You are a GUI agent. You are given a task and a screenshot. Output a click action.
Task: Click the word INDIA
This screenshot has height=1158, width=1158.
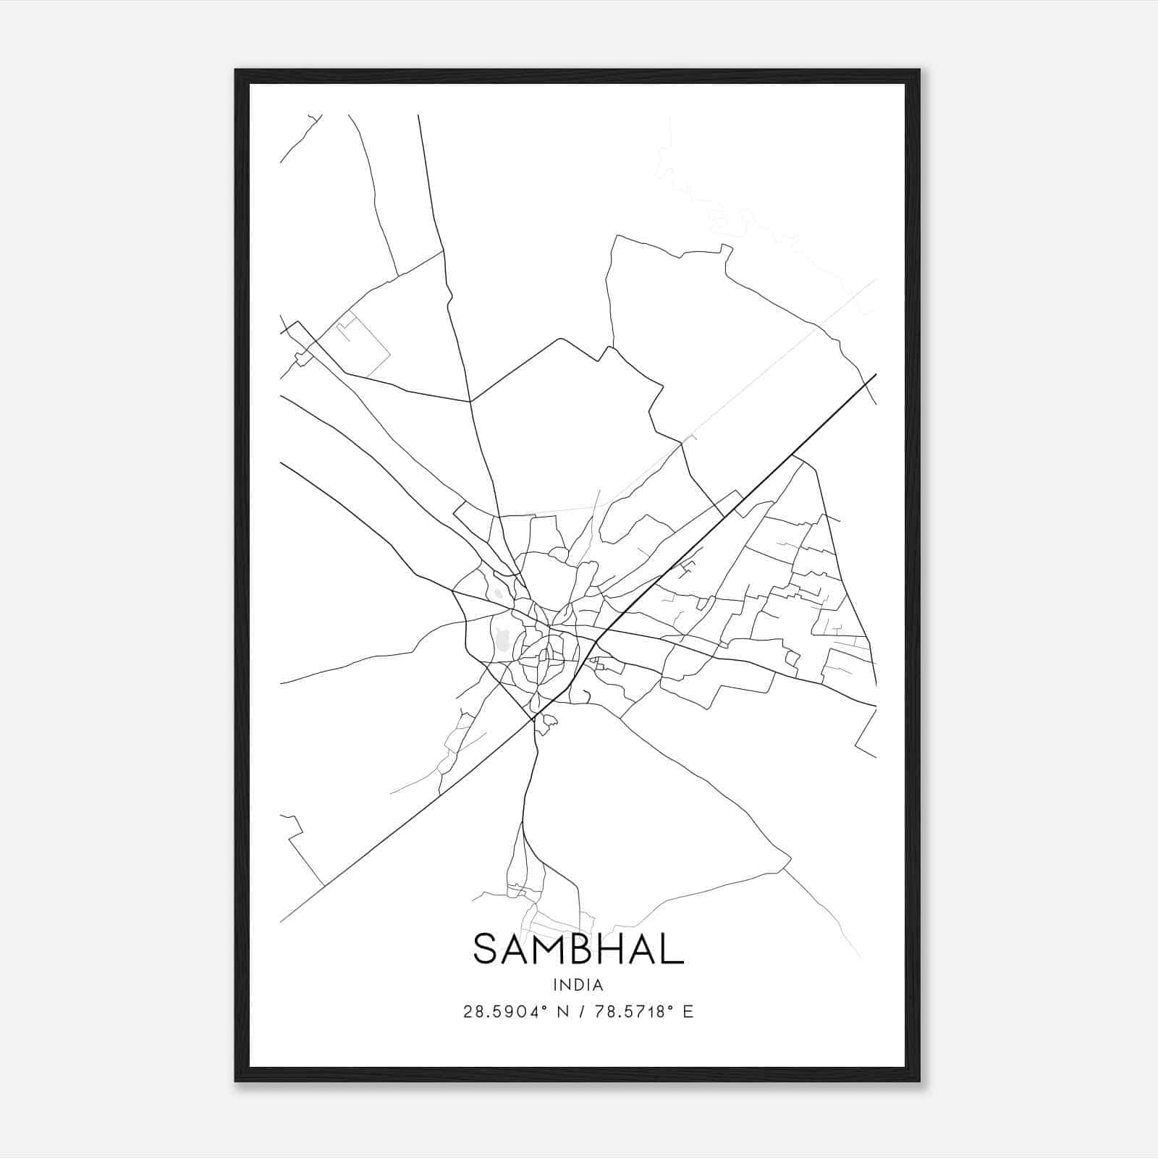(578, 985)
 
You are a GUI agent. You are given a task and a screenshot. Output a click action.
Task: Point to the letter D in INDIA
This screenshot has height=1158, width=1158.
(579, 985)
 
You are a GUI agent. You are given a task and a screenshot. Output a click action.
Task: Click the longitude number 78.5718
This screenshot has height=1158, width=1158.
(628, 1012)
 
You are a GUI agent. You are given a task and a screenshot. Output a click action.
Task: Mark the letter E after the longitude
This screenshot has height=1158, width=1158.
(688, 1012)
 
